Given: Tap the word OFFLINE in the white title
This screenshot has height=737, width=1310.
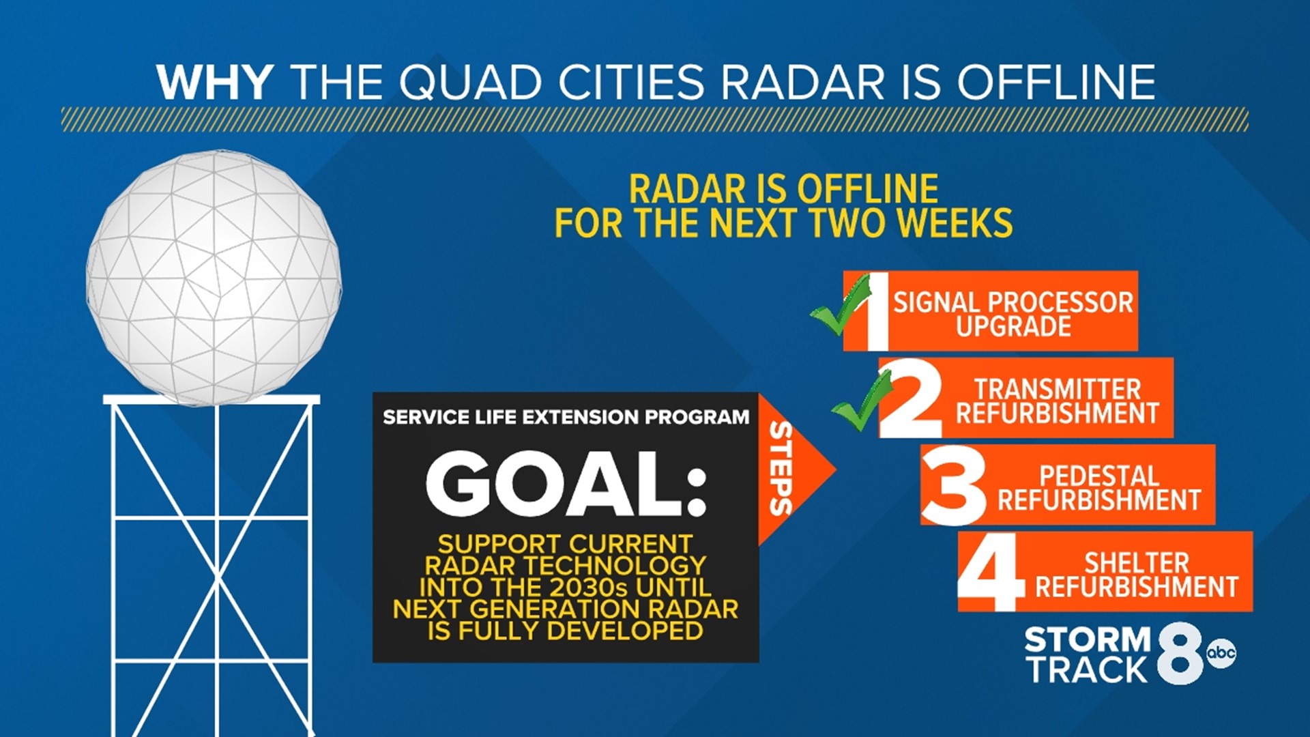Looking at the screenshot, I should pos(1056,83).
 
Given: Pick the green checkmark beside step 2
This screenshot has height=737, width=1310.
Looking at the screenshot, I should pos(862,403).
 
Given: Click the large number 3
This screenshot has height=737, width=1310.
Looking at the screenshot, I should pos(954,485).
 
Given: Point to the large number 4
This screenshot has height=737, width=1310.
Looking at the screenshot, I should pos(990,572).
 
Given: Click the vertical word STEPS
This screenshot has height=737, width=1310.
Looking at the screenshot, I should pos(781,468).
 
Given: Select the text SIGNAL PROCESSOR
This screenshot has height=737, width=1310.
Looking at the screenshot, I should pos(1013,302).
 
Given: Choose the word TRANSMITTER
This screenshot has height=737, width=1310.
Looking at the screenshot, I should pos(1057,390).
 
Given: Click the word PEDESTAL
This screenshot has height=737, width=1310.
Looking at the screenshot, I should pos(1098,476).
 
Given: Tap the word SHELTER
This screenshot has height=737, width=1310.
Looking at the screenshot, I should pos(1137,563).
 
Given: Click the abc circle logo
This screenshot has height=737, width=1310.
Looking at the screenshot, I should pos(1221,653).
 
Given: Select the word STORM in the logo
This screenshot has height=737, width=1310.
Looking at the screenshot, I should pos(1088,640).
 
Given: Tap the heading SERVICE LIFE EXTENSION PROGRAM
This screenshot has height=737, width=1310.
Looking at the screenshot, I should pos(566,417).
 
